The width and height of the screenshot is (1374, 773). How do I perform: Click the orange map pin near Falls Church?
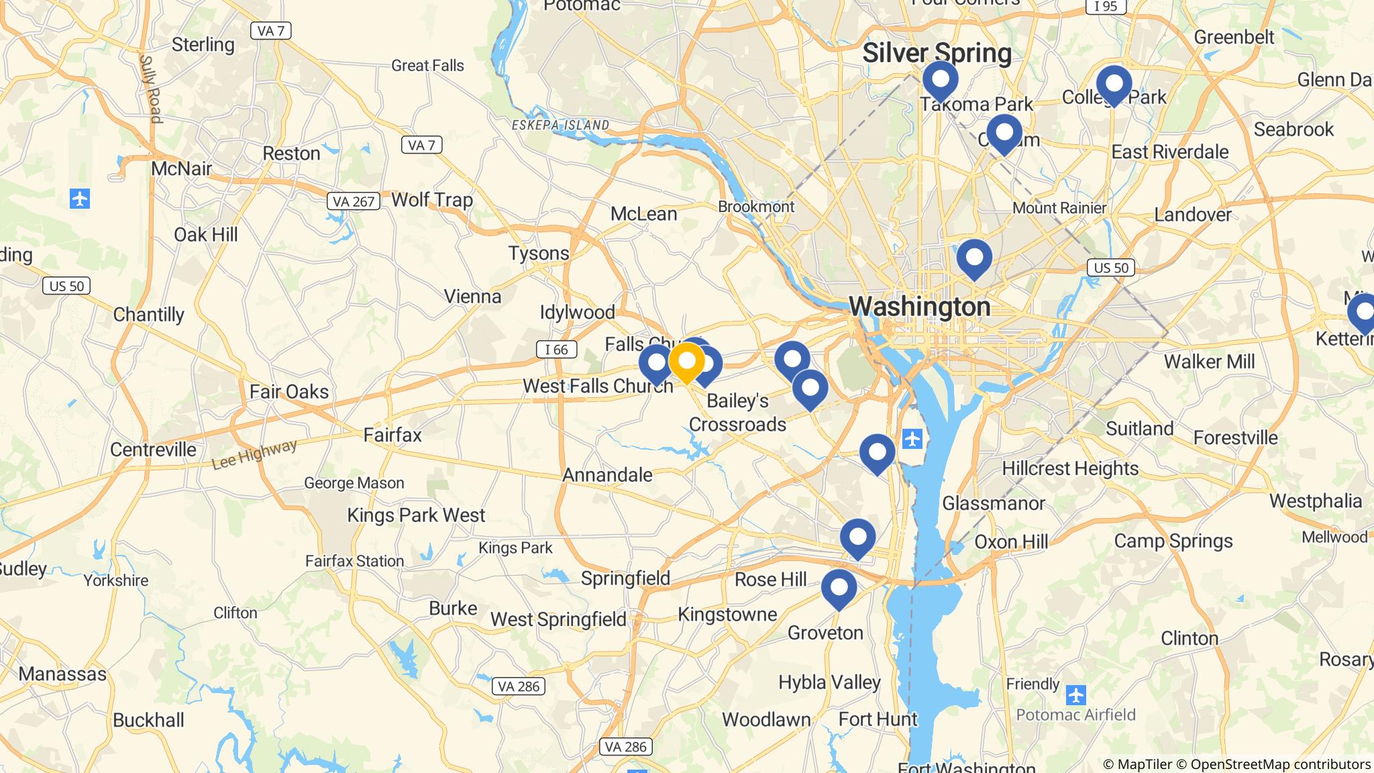coord(686,362)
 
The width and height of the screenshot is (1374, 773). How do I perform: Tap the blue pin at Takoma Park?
coord(940,80)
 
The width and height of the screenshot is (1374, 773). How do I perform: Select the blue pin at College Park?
coord(1114,85)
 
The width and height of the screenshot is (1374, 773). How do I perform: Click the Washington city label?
coord(919,307)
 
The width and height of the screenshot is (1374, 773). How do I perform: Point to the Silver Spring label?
coord(937,53)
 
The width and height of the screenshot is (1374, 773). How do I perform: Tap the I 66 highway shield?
coord(556,349)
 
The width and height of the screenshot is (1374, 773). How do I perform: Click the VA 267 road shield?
coord(354,201)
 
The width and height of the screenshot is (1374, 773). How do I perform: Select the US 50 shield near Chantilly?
coord(67,286)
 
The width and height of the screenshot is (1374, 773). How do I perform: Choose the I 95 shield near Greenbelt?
coord(1105,6)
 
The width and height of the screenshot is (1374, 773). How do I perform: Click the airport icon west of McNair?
coord(80,199)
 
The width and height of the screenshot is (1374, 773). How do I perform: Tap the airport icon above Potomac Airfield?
coord(1075,694)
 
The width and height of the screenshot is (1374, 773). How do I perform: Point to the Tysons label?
coord(538,254)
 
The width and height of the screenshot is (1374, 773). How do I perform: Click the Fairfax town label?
coord(392,435)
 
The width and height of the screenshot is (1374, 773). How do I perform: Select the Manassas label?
coord(62,674)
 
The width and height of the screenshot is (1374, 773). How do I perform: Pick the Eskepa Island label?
coord(560,125)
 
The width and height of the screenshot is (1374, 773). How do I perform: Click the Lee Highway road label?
coord(254,455)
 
